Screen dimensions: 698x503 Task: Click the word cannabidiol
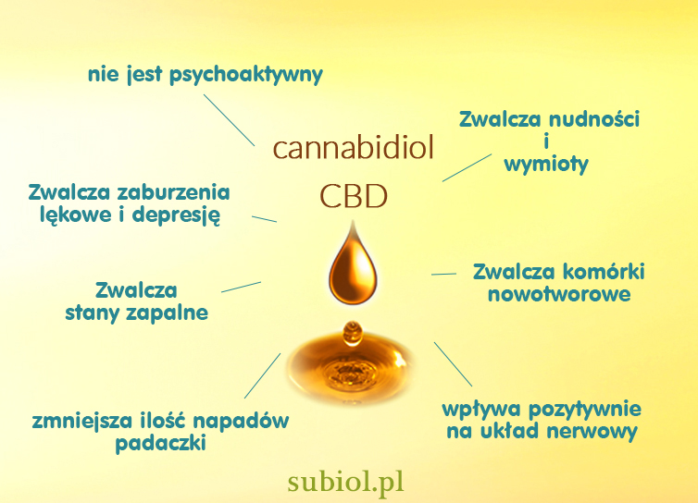[x=353, y=147]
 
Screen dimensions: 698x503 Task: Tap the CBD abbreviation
[x=354, y=196]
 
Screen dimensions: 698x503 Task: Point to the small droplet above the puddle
[x=352, y=334]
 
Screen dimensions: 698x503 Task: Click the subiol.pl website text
[x=346, y=482]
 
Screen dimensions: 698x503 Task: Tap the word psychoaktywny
[x=246, y=75]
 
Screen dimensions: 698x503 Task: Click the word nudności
[x=593, y=119]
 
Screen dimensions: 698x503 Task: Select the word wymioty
[x=546, y=165]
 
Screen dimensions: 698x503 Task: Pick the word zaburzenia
[x=173, y=192]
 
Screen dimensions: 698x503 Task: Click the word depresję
[x=176, y=215]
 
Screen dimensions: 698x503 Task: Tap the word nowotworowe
[x=559, y=294]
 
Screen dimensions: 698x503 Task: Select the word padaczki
[x=161, y=443]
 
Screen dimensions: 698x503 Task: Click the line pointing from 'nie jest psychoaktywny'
[x=230, y=120]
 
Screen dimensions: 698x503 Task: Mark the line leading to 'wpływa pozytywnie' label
[x=454, y=364]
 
